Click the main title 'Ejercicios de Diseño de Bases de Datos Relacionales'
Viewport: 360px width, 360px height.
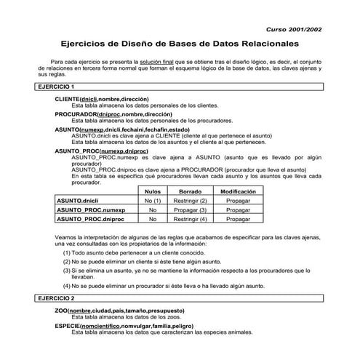tap(179, 44)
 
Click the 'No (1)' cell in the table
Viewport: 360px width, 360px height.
tap(153, 200)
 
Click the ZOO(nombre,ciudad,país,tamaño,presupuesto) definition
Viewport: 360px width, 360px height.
tap(119, 311)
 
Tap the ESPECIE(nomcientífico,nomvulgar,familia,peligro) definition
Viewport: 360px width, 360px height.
tap(124, 327)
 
